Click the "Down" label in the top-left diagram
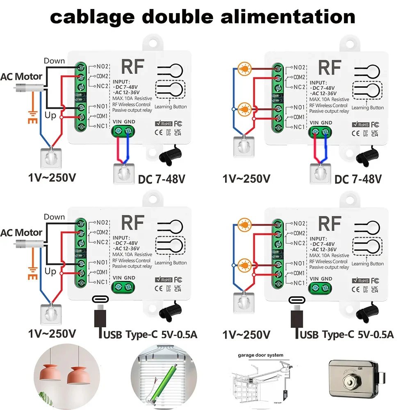[54, 61]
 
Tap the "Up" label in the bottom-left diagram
[50, 271]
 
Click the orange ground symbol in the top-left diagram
[30, 117]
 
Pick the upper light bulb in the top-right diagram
[245, 67]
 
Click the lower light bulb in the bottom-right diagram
[245, 262]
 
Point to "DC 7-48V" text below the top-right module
[358, 179]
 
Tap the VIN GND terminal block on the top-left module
[123, 131]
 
